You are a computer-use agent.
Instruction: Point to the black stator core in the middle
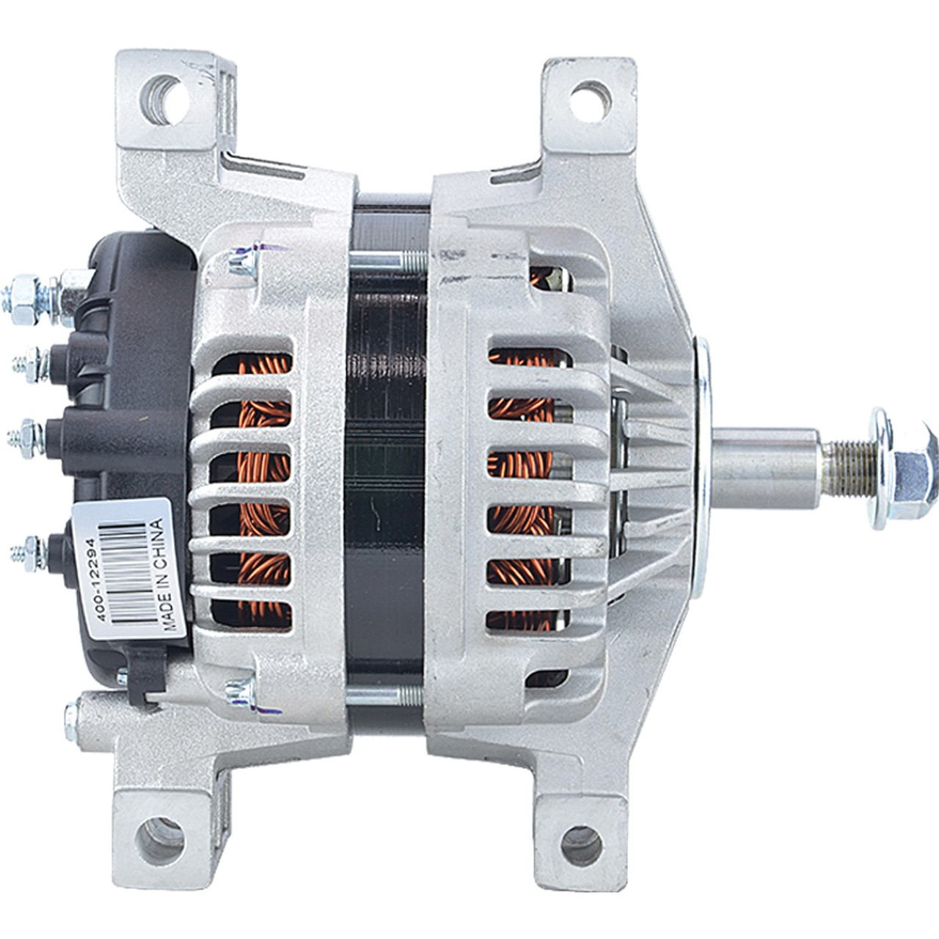(386, 469)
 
